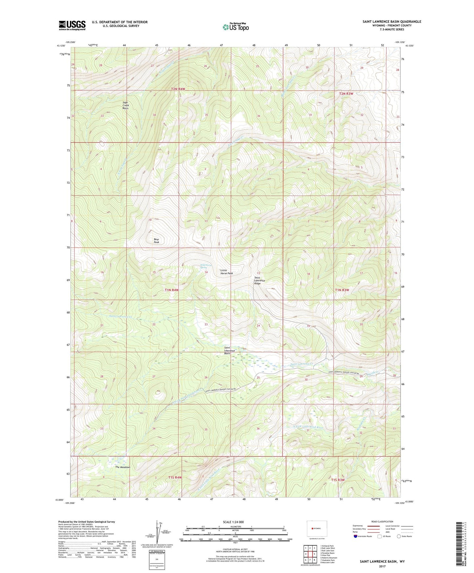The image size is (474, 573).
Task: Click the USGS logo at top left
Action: (x=72, y=25)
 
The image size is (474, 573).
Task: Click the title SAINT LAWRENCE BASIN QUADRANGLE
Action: (x=392, y=22)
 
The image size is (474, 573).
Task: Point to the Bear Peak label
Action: (x=156, y=241)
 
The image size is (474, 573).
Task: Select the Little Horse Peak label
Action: (x=226, y=272)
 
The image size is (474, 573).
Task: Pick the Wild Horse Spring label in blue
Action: (x=206, y=266)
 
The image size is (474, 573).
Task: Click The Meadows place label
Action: (x=123, y=467)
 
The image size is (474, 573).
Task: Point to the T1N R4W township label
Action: (x=172, y=290)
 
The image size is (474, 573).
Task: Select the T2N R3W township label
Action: (x=346, y=94)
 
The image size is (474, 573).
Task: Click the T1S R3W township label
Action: (x=338, y=480)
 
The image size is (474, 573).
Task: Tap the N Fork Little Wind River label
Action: (x=308, y=427)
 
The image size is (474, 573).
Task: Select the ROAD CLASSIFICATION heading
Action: (x=382, y=521)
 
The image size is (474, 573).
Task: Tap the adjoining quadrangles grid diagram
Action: (x=310, y=555)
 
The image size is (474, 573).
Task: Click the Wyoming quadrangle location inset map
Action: (x=317, y=529)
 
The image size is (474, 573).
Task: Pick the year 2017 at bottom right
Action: (x=382, y=566)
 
